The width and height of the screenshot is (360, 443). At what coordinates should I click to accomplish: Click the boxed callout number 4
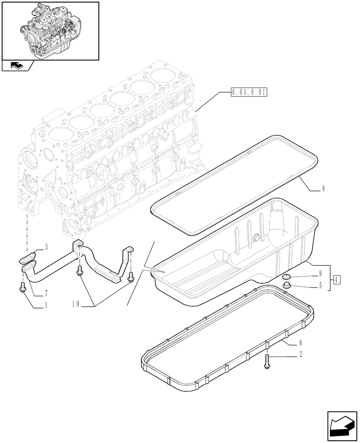click(x=337, y=280)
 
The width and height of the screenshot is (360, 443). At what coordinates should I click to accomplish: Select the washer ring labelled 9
click(x=286, y=277)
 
